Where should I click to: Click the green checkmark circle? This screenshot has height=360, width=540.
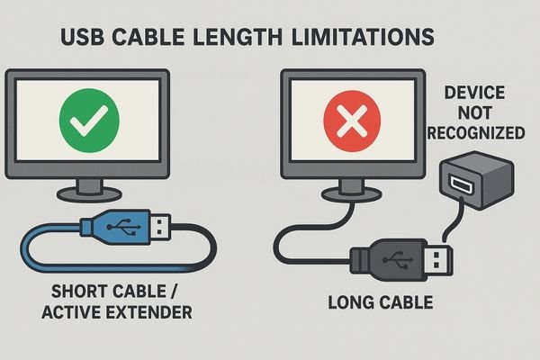pos(89,121)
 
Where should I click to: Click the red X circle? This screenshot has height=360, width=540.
pos(352,121)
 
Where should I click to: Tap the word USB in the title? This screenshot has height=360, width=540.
pos(82,37)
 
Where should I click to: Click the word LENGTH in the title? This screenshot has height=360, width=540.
pos(237,37)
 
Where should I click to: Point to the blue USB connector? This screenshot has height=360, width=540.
pos(125,227)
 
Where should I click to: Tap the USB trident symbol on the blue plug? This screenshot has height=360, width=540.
pos(124,227)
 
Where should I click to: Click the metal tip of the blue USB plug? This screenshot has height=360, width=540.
pos(160,227)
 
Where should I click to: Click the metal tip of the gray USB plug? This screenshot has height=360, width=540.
pos(440,260)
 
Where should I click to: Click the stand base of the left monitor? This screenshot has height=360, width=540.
pos(89,194)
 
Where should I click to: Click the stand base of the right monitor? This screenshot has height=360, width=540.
pos(351,195)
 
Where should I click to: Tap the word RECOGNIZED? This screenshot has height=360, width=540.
pos(476,133)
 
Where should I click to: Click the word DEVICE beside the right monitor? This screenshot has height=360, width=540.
pos(475,93)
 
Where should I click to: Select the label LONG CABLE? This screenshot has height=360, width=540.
pos(381,302)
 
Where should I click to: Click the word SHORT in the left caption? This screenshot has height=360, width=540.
pos(80,292)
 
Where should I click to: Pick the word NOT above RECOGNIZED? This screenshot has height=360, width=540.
pos(474,113)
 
